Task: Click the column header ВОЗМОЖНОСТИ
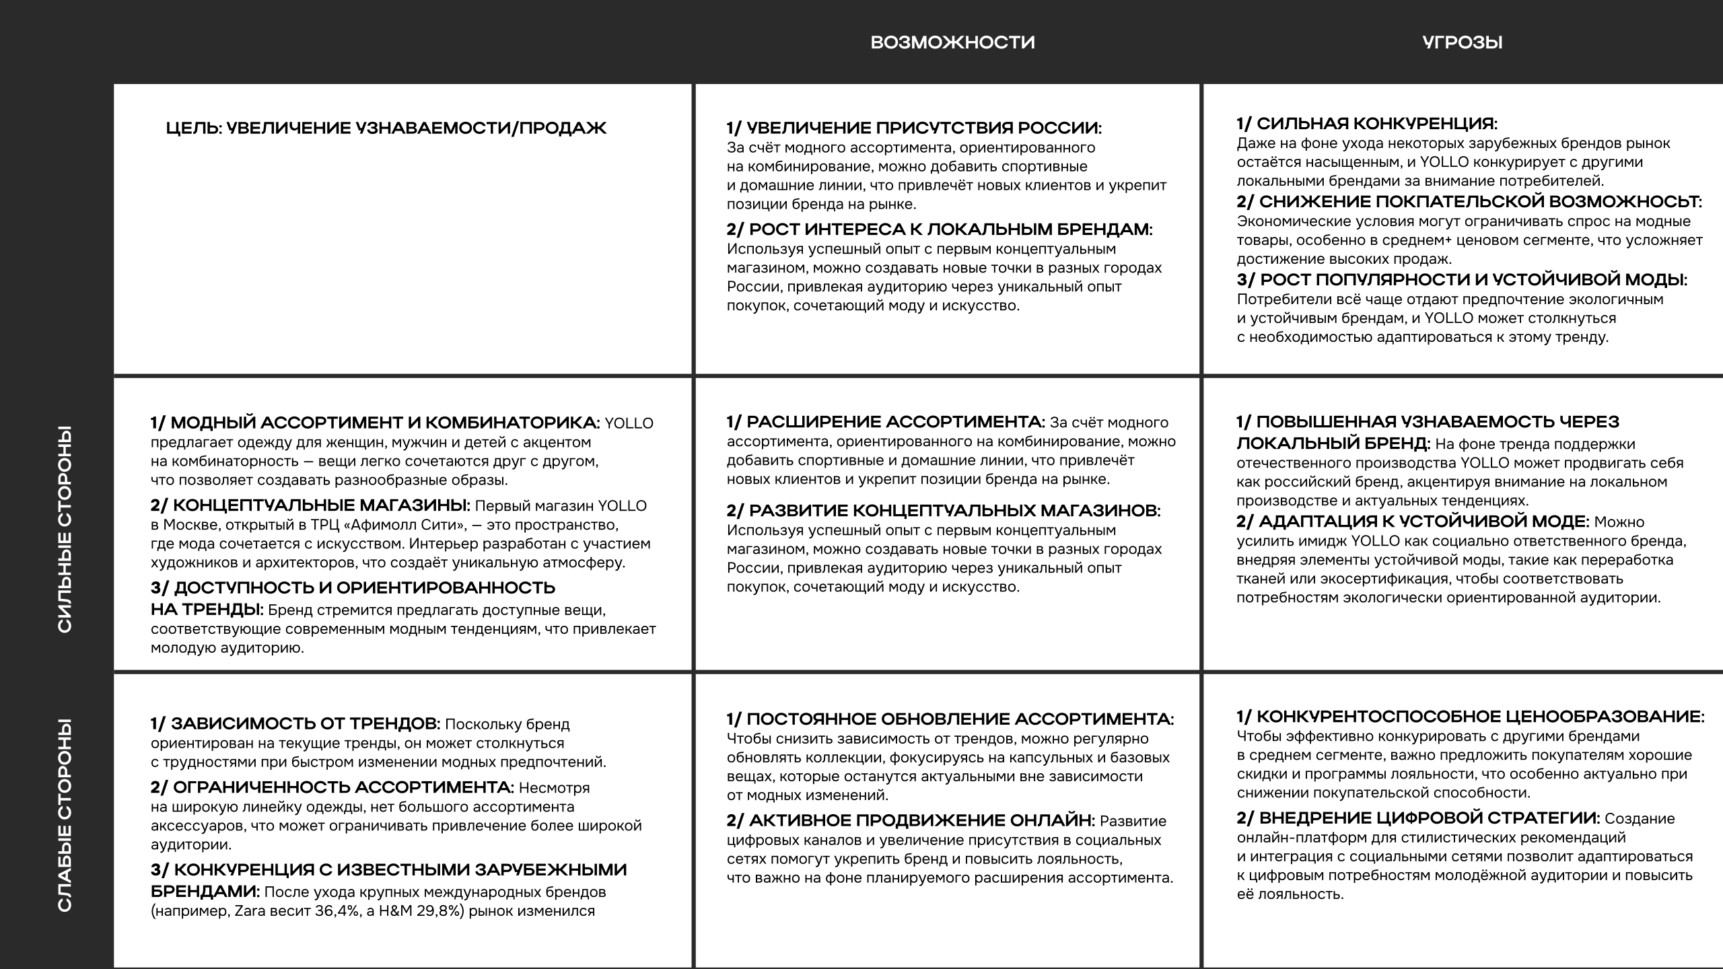(952, 42)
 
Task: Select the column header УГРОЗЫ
(1463, 42)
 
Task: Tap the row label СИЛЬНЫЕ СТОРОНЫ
(65, 529)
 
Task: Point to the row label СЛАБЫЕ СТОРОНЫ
(65, 816)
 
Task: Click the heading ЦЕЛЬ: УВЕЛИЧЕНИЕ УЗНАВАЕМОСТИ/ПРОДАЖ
(386, 128)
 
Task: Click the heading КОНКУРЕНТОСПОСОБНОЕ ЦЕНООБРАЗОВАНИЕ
(1471, 717)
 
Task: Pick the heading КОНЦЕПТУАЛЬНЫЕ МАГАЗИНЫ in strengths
(311, 505)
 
